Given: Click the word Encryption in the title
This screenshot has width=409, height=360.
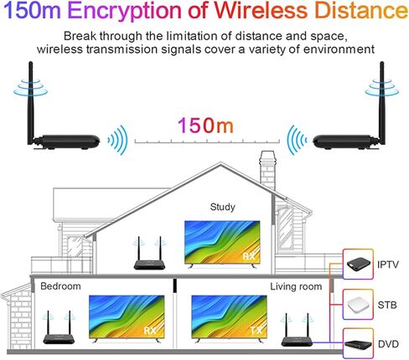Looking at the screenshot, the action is click(x=124, y=11).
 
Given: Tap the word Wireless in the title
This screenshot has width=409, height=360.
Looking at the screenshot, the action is click(x=261, y=10).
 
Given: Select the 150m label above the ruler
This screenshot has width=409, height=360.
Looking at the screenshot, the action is click(x=205, y=125).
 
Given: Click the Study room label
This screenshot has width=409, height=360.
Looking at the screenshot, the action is click(x=222, y=207).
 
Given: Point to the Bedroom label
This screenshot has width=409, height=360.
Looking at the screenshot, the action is click(x=60, y=286).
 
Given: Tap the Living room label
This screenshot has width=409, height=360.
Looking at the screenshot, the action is click(x=296, y=286).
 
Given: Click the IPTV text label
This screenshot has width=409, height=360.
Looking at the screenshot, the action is click(x=388, y=265).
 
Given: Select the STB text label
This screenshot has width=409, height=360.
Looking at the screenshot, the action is click(x=387, y=305).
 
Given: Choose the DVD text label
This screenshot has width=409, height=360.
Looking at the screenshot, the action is click(x=388, y=344).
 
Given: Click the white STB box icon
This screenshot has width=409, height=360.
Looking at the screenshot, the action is click(x=359, y=305).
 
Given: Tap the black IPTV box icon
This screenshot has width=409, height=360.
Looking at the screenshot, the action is click(x=359, y=264).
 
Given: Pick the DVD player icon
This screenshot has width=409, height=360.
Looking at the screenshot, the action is click(x=358, y=345).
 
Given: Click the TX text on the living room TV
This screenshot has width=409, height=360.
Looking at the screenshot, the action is click(x=256, y=331).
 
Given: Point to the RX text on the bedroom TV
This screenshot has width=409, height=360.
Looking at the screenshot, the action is click(x=150, y=331).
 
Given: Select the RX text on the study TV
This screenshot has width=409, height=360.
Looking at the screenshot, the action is click(x=249, y=256).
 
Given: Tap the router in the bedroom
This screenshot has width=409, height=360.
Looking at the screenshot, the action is click(x=59, y=327).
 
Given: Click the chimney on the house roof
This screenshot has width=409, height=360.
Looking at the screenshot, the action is click(x=267, y=171).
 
